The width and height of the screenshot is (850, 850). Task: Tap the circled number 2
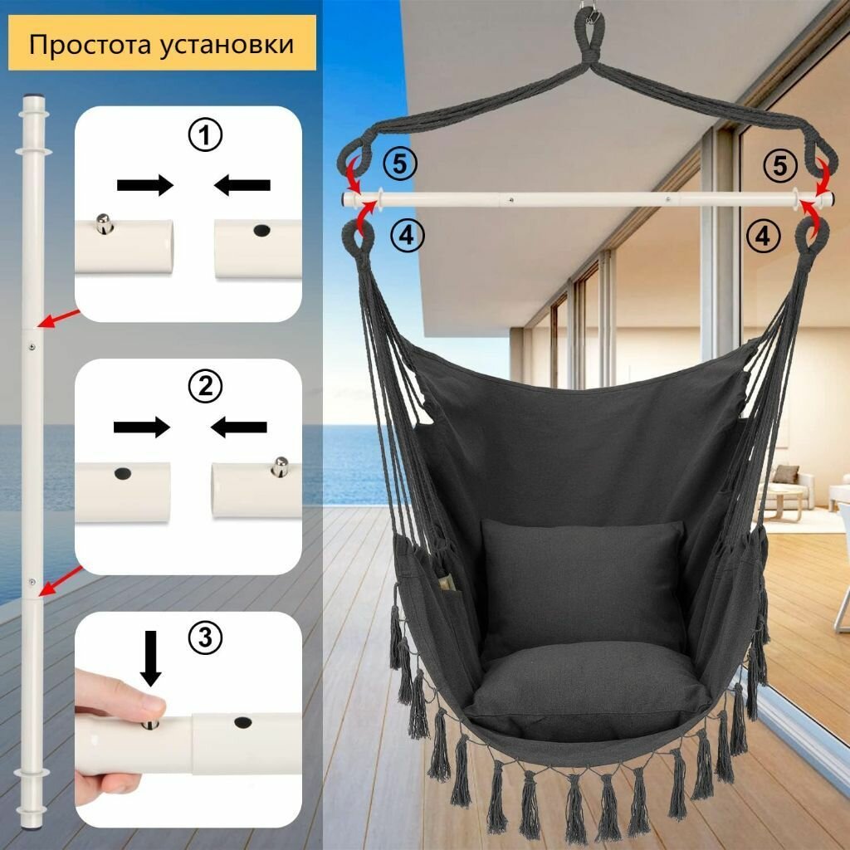coord(205,386)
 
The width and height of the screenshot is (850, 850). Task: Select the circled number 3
coord(205,637)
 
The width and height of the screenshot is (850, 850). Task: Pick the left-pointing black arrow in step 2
coord(239,427)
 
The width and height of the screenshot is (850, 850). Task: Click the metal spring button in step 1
coord(102,223)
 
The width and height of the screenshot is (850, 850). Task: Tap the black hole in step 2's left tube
coord(123,473)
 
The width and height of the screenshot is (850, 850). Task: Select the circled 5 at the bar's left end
coord(399,164)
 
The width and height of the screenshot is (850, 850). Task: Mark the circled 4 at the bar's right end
coord(762,237)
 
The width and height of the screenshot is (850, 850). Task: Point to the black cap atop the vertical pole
coord(32,98)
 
